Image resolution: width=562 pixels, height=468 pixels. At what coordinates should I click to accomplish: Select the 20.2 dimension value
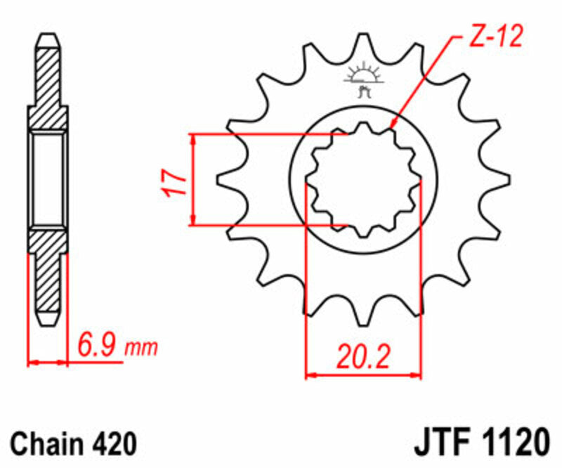362,356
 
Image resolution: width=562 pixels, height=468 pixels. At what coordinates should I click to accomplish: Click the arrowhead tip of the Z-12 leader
390,129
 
